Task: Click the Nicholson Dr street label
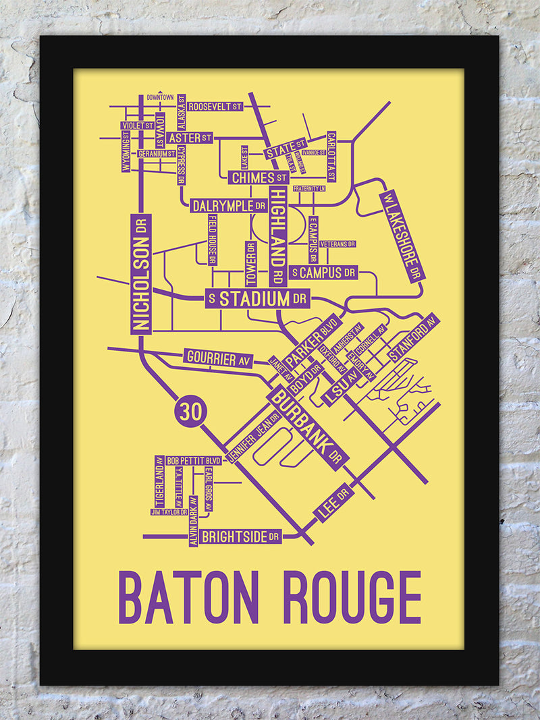click(140, 274)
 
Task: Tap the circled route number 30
click(191, 411)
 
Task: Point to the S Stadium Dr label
click(257, 299)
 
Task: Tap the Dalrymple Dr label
click(229, 206)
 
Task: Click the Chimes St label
click(259, 177)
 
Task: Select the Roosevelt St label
click(215, 107)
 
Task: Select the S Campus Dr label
click(323, 273)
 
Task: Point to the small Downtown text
click(160, 97)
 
